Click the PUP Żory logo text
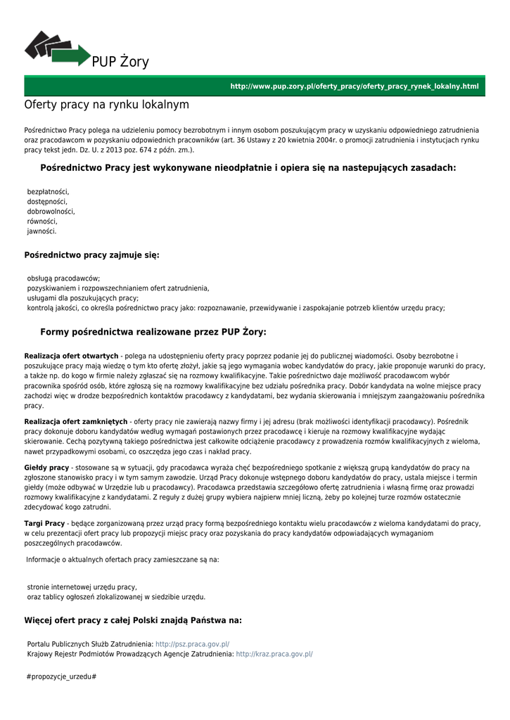[120, 63]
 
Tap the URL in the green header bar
[354, 86]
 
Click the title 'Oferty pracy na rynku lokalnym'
[106, 105]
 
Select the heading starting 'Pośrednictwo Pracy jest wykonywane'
[248, 168]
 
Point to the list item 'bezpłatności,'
[48, 191]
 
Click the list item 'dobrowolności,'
[51, 211]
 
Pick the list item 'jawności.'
[42, 231]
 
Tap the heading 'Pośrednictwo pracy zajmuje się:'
[91, 255]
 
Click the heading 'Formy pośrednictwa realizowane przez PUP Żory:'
[153, 332]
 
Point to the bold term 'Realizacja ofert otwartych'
[71, 356]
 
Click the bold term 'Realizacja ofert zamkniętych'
[76, 422]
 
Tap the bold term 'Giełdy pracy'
[46, 468]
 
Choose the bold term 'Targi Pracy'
[44, 524]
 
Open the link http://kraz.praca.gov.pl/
[274, 654]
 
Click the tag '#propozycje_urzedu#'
[60, 676]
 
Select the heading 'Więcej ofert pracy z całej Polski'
[133, 620]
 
